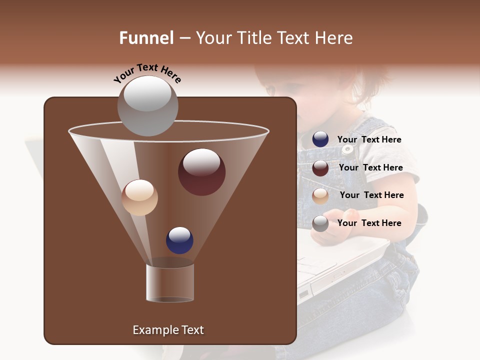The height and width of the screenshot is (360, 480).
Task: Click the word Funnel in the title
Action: [146, 38]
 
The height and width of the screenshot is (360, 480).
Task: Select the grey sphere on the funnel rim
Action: [147, 106]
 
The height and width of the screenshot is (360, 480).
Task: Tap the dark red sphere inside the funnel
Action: [201, 172]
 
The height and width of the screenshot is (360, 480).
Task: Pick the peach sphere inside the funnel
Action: [139, 197]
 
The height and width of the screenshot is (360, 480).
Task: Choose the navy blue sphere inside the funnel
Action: [179, 240]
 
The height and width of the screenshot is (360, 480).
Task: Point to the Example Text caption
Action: [168, 330]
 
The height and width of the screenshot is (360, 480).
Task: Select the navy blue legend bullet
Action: [320, 139]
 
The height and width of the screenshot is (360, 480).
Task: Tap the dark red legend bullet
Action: [320, 168]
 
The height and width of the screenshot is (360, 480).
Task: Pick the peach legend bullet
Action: [320, 196]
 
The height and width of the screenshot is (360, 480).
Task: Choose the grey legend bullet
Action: [320, 223]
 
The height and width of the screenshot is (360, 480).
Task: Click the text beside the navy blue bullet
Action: [369, 139]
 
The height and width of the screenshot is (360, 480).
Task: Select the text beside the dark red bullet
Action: [370, 167]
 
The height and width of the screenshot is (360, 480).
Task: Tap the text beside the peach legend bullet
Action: [371, 195]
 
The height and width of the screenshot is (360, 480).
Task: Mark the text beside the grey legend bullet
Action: [369, 223]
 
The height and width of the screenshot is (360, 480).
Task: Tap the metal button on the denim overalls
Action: [346, 148]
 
